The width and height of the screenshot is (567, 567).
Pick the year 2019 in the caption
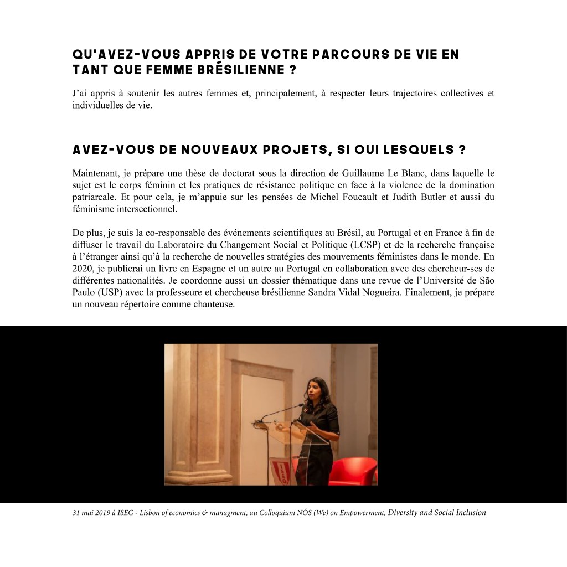click(x=102, y=513)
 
